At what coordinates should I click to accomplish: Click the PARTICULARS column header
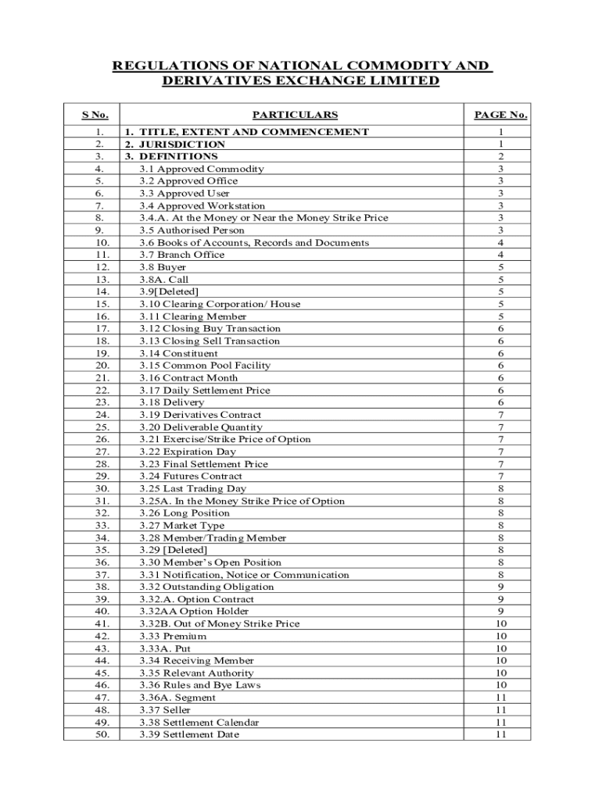pyautogui.click(x=300, y=115)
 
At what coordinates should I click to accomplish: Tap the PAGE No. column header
pyautogui.click(x=500, y=115)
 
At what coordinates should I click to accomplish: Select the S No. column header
pyautogui.click(x=95, y=115)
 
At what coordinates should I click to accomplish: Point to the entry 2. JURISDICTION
pyautogui.click(x=175, y=145)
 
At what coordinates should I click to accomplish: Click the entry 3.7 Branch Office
pyautogui.click(x=181, y=255)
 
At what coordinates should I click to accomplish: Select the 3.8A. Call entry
pyautogui.click(x=163, y=279)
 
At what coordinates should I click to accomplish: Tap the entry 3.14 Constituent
pyautogui.click(x=179, y=353)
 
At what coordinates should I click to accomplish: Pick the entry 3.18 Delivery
pyautogui.click(x=172, y=402)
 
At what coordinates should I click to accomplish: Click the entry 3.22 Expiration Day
pyautogui.click(x=188, y=452)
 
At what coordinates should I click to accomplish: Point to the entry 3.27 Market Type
pyautogui.click(x=181, y=526)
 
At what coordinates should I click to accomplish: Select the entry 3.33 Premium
pyautogui.click(x=173, y=636)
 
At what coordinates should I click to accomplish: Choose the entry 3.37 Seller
pyautogui.click(x=165, y=710)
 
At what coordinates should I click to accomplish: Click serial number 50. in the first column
pyautogui.click(x=102, y=734)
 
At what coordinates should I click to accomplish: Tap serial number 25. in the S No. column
pyautogui.click(x=102, y=427)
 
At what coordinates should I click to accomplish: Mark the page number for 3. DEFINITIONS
pyautogui.click(x=500, y=156)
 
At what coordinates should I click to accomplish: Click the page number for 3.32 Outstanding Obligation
pyautogui.click(x=500, y=587)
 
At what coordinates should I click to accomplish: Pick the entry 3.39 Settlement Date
pyautogui.click(x=189, y=734)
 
